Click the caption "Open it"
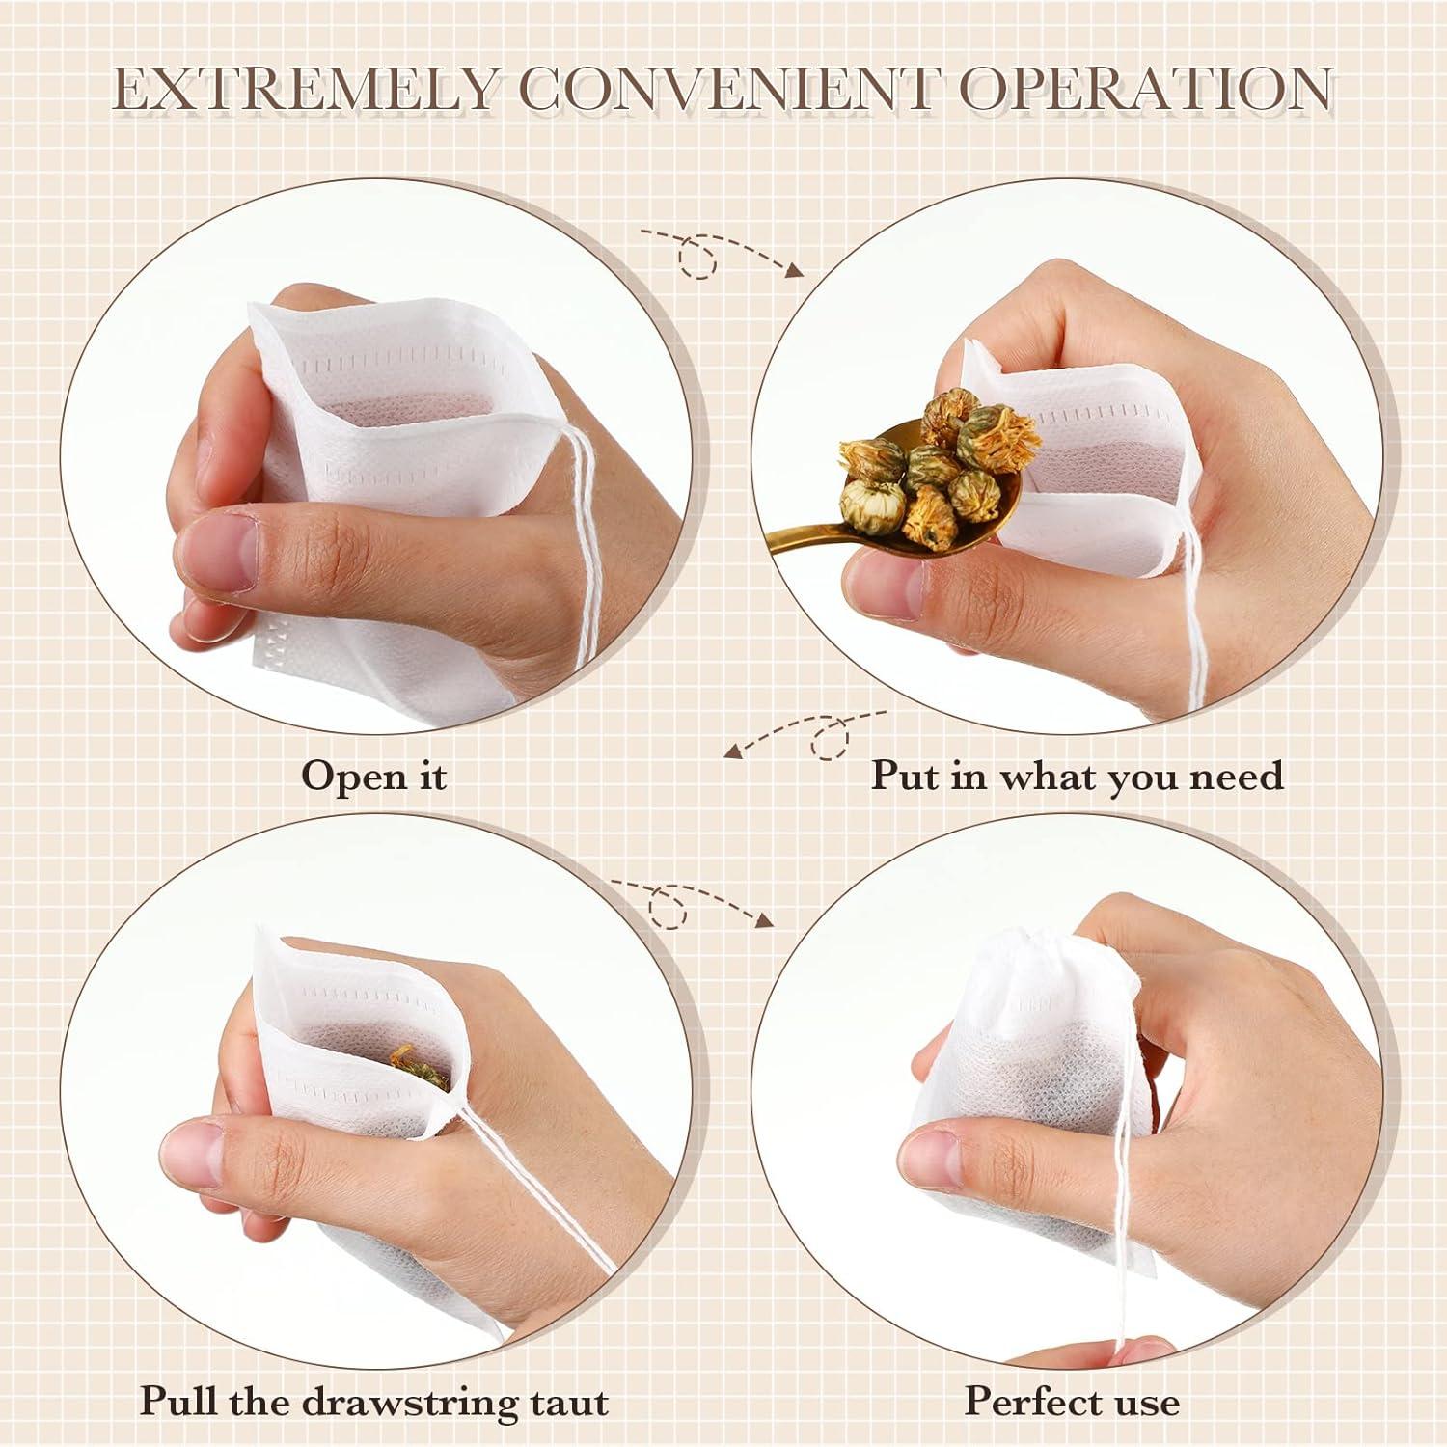(374, 776)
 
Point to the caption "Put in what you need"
(1078, 776)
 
